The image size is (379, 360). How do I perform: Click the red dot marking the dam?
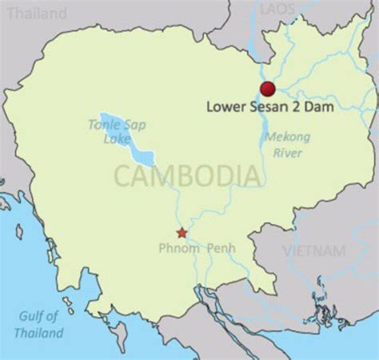(x=267, y=88)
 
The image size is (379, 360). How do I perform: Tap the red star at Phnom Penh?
(x=182, y=233)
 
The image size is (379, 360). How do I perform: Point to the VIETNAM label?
(x=314, y=250)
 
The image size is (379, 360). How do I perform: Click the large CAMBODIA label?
(x=187, y=175)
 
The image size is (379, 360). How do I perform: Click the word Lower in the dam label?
(x=225, y=106)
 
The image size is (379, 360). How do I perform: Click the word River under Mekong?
(x=288, y=152)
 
